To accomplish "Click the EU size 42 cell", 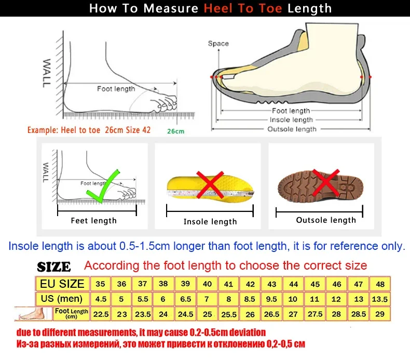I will pyautogui.click(x=250, y=284).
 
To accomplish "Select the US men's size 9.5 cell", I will pyautogui.click(x=271, y=299).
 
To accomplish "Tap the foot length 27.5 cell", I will pyautogui.click(x=315, y=314).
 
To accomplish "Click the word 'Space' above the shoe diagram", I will pyautogui.click(x=218, y=44).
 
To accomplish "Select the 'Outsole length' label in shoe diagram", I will pyautogui.click(x=292, y=129).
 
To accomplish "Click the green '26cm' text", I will pyautogui.click(x=175, y=131).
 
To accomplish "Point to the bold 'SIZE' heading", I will pyautogui.click(x=54, y=267).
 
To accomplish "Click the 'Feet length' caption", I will pyautogui.click(x=93, y=221).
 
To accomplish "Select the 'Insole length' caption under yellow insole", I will pyautogui.click(x=210, y=222).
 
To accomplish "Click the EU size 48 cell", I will pyautogui.click(x=380, y=284).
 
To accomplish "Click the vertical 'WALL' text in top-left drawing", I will pyautogui.click(x=46, y=73).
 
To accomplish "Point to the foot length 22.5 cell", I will pyautogui.click(x=100, y=314).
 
